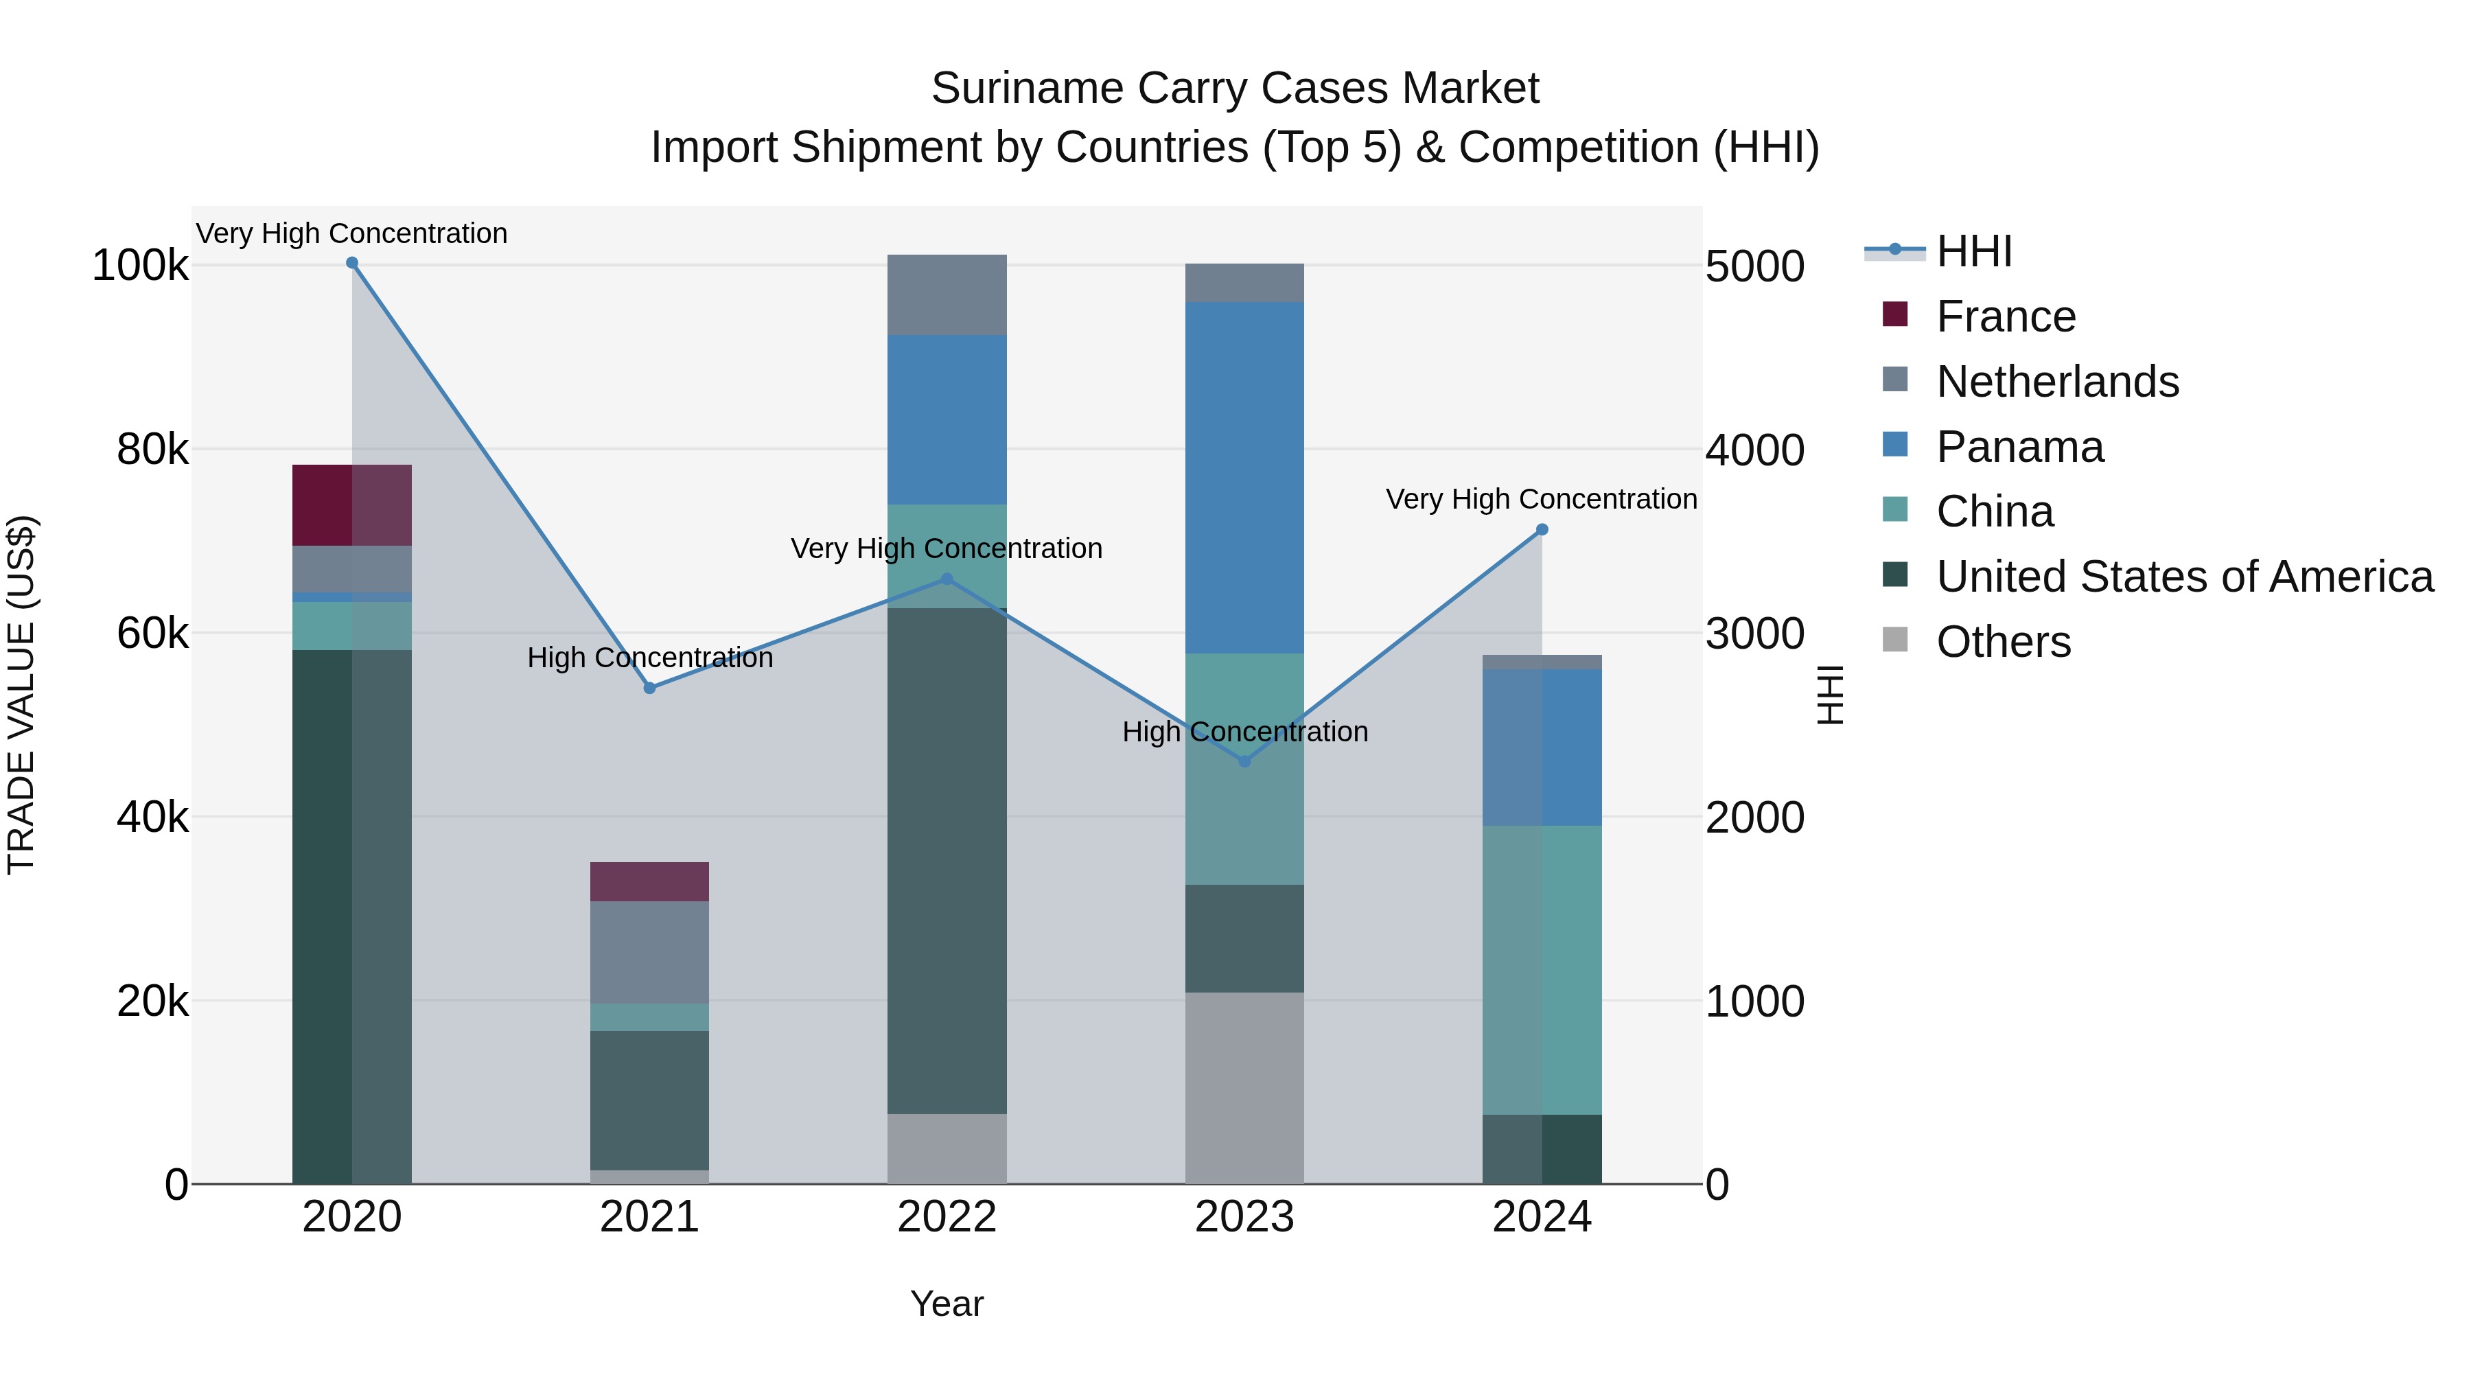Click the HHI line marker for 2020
coord(352,263)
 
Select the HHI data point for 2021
coord(649,688)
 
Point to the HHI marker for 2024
coord(1542,529)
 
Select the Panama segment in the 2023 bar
coord(1244,478)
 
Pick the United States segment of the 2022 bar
coord(947,861)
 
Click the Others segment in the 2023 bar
coord(1244,1088)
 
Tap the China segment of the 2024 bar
coord(1542,969)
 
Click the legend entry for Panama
coord(2019,447)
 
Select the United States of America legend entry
coord(2184,577)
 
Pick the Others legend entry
coord(2003,642)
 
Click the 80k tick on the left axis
coord(152,450)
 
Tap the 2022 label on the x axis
coord(947,1217)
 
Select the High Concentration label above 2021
coord(649,658)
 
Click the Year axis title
coord(947,1304)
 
